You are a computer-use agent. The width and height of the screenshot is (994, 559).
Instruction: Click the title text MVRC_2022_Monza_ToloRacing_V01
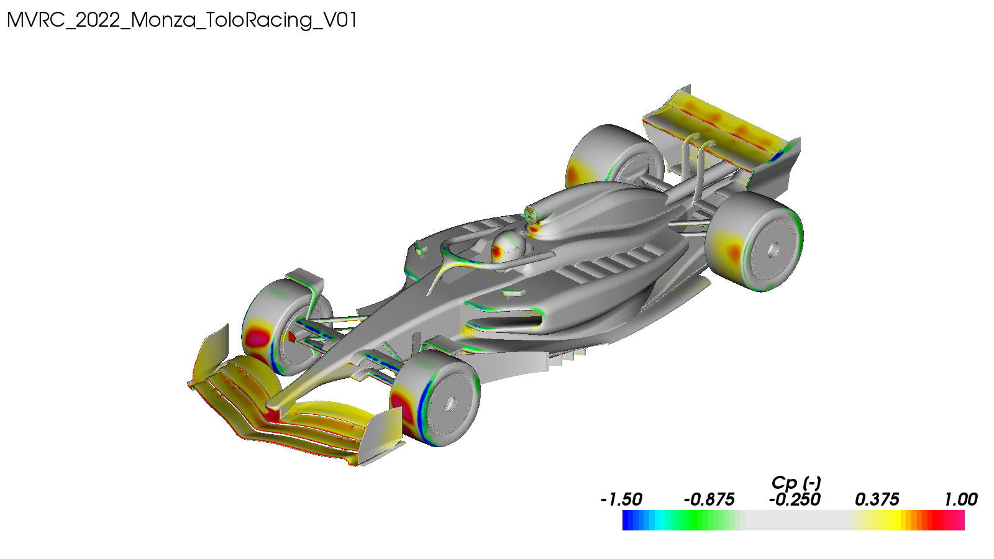point(181,20)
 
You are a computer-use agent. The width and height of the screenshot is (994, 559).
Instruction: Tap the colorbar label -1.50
point(621,499)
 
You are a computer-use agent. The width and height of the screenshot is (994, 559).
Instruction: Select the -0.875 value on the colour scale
point(709,499)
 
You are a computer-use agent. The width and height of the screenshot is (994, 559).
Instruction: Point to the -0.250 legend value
point(795,499)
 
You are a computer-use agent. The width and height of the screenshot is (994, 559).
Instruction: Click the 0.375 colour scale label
point(877,499)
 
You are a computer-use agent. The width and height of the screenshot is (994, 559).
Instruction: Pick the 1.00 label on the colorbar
point(960,499)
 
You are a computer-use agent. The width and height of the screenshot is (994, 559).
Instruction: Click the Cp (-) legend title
point(796,483)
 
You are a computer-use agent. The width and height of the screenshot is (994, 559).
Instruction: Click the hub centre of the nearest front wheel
point(450,404)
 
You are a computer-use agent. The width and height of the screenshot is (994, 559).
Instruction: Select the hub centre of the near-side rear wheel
point(773,249)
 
